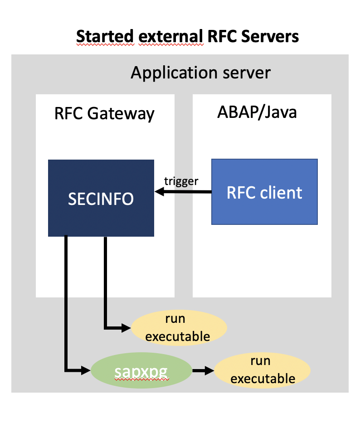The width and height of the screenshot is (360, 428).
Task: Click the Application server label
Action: pos(200,73)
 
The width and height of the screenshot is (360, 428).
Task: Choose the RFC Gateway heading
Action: pos(104,113)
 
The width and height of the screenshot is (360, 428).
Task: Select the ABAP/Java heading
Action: pos(257,112)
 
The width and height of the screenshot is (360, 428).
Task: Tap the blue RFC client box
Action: pos(264,192)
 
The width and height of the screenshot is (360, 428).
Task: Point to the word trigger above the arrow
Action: pos(181,181)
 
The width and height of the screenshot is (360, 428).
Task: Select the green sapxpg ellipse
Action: pos(141,371)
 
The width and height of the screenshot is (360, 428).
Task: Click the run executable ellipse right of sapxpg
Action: pos(263,370)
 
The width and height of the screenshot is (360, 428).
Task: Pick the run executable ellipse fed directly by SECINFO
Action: pos(178,327)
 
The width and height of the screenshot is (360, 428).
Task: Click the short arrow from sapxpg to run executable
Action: pos(202,371)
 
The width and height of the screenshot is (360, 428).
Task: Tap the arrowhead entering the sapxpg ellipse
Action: pos(87,371)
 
